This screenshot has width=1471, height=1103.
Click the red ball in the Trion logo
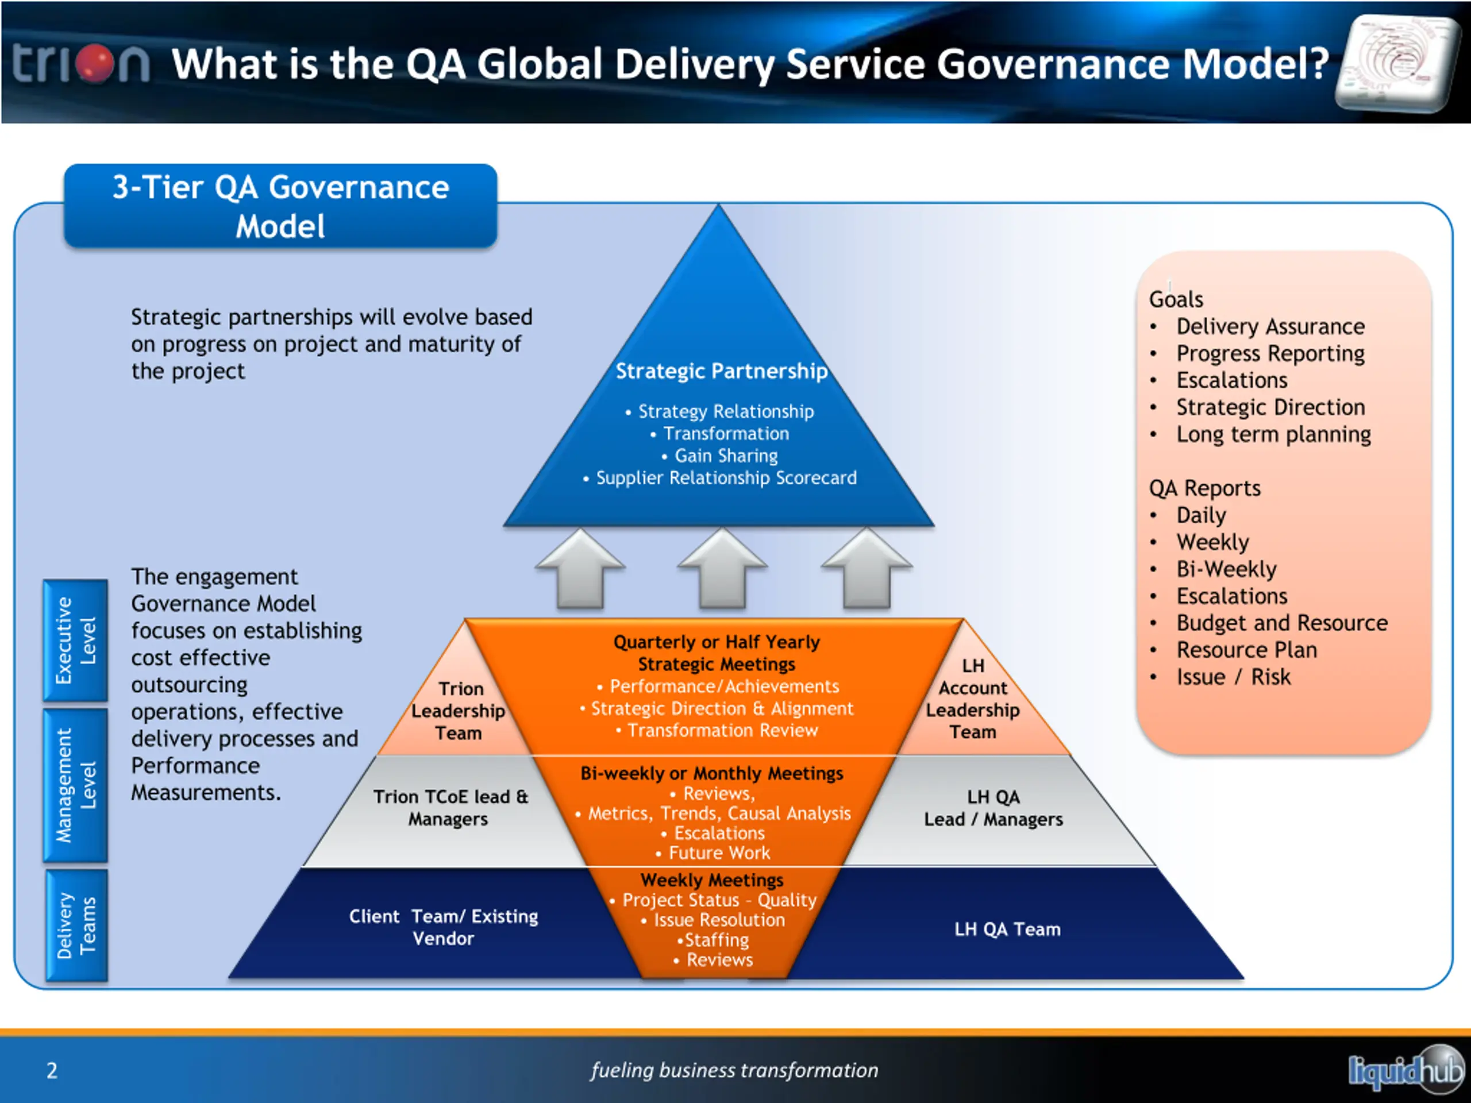pyautogui.click(x=95, y=64)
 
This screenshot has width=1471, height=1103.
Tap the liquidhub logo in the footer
pyautogui.click(x=1405, y=1070)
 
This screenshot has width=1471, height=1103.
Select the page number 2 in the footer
pyautogui.click(x=52, y=1070)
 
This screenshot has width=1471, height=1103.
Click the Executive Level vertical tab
pyautogui.click(x=75, y=641)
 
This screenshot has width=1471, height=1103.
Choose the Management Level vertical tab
pyautogui.click(x=75, y=785)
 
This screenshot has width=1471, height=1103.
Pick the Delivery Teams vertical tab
pyautogui.click(x=76, y=925)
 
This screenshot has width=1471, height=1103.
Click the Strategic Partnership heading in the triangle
pyautogui.click(x=722, y=371)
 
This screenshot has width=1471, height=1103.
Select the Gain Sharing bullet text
pyautogui.click(x=726, y=456)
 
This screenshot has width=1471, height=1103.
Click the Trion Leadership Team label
pyautogui.click(x=458, y=711)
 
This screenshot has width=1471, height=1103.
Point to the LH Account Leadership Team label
pyautogui.click(x=972, y=699)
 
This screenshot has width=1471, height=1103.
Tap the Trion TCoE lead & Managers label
pyautogui.click(x=450, y=808)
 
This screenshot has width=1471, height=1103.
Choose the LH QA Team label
pyautogui.click(x=1007, y=929)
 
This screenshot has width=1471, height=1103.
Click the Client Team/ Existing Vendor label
pyautogui.click(x=444, y=927)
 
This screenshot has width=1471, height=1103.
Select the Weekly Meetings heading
pyautogui.click(x=712, y=880)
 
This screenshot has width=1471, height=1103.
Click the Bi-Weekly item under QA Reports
pyautogui.click(x=1226, y=570)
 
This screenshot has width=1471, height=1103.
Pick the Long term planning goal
pyautogui.click(x=1273, y=435)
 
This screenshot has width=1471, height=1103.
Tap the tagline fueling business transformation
pyautogui.click(x=734, y=1070)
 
